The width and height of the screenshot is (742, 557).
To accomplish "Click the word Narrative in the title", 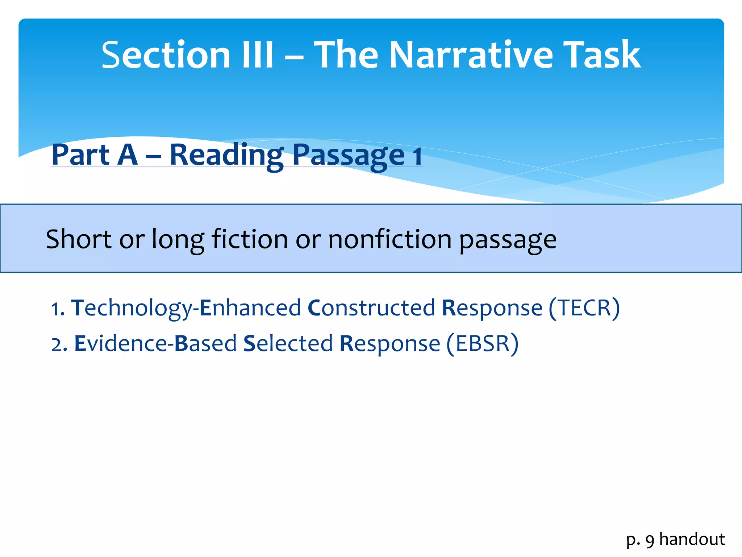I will pyautogui.click(x=471, y=55).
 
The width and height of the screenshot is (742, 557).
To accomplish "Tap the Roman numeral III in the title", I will pyautogui.click(x=258, y=55).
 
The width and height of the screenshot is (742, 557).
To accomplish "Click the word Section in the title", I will pyautogui.click(x=166, y=55).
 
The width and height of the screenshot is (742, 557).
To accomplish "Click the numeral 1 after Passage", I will pyautogui.click(x=417, y=156).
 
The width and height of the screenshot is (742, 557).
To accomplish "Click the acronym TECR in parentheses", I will pyautogui.click(x=584, y=308).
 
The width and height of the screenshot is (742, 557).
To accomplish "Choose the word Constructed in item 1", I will pyautogui.click(x=371, y=308).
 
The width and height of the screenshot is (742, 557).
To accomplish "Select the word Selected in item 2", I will pyautogui.click(x=288, y=344).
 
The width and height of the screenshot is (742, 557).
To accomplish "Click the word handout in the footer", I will pyautogui.click(x=692, y=539).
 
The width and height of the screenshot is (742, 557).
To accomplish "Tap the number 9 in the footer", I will pyautogui.click(x=650, y=541).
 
